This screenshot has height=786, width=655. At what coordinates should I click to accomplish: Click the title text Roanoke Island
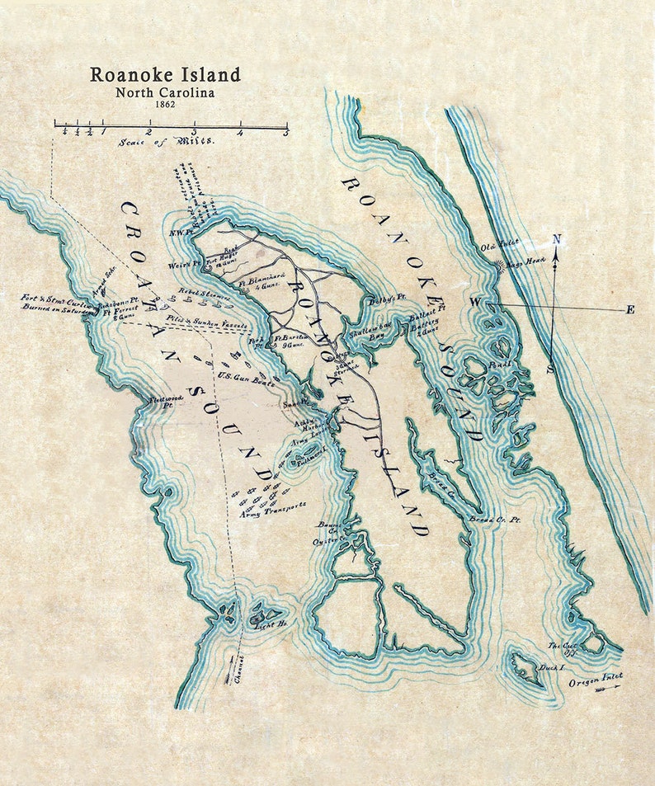(x=165, y=74)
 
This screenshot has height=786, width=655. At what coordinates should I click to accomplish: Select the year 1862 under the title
(x=165, y=106)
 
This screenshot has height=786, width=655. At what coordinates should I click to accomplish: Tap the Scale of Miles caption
(x=166, y=141)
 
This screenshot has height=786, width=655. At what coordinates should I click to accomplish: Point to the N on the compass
(x=557, y=239)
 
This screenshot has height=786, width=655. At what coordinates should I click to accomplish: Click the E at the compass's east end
(x=630, y=310)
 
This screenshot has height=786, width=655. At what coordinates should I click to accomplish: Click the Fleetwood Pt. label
(x=162, y=402)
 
